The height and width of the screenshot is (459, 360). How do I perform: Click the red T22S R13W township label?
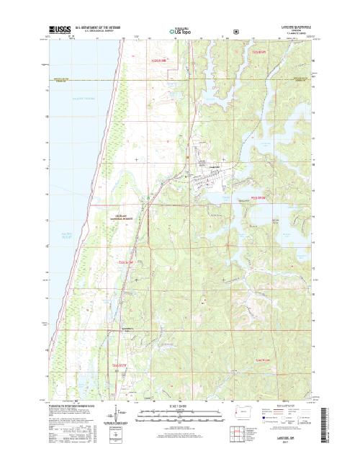[x=158, y=61]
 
